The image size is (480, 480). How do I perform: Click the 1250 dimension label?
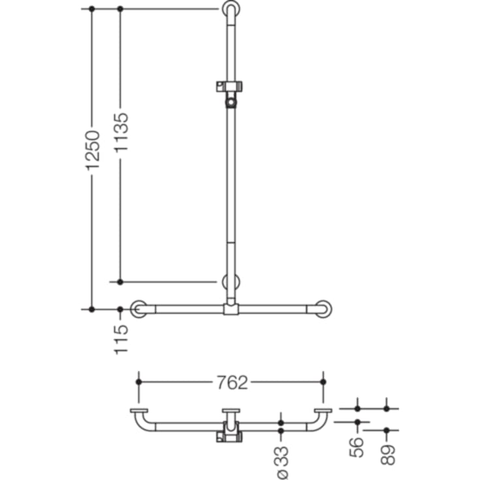(93, 150)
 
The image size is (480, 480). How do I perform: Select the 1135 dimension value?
(121, 132)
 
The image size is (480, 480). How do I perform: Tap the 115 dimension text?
(121, 340)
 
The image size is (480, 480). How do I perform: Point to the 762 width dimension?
(232, 382)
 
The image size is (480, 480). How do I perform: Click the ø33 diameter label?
(283, 462)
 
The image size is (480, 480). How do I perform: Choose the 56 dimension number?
(357, 447)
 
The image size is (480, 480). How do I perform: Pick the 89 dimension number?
(388, 455)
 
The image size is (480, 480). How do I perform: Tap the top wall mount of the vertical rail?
(231, 9)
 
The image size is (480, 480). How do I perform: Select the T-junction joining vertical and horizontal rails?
(231, 309)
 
